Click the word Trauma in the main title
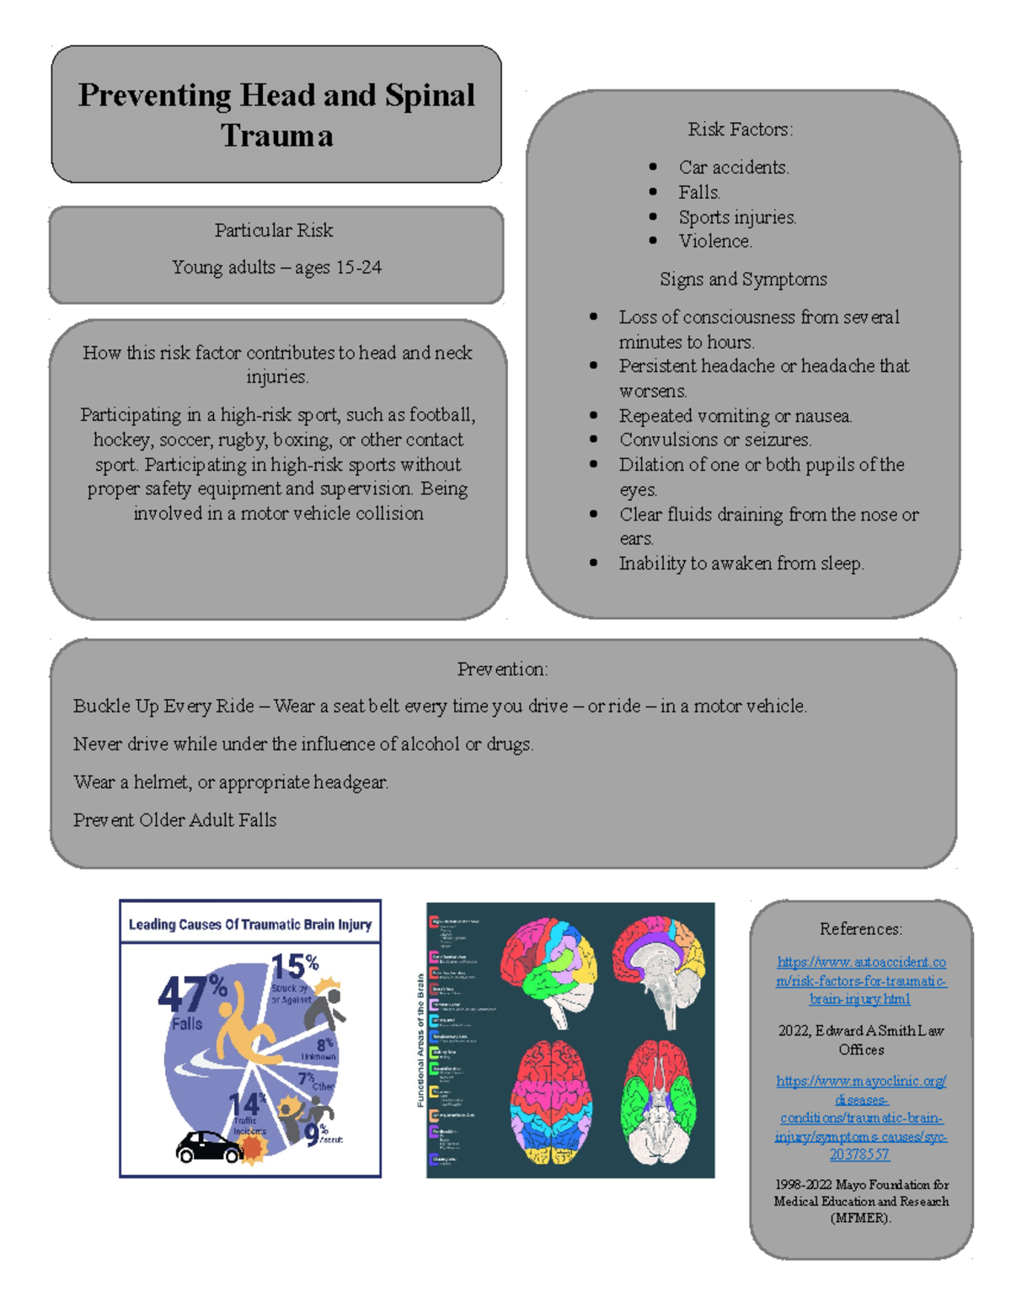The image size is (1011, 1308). pos(276,136)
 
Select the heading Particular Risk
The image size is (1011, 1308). pos(273,230)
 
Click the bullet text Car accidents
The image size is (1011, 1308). pos(734,168)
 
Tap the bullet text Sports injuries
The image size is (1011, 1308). pos(737,217)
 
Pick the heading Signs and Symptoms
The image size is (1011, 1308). pos(743,279)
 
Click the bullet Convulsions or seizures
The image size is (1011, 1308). pos(715,440)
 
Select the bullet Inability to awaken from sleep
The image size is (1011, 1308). pos(741,563)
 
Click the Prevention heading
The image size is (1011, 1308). pos(502,669)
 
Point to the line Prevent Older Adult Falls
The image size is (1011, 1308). pos(174,820)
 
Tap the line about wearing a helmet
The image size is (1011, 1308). pos(231,782)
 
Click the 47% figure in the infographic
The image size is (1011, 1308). pos(192,994)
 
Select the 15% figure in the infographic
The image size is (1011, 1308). pos(293,967)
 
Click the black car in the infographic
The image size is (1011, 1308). pos(208,1146)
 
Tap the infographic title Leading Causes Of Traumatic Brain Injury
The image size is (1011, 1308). pos(249,924)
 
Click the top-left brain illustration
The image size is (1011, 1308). pos(548,969)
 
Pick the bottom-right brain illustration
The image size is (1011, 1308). pos(660,1103)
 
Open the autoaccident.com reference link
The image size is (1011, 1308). pos(861,980)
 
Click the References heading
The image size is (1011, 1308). pos(860,929)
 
